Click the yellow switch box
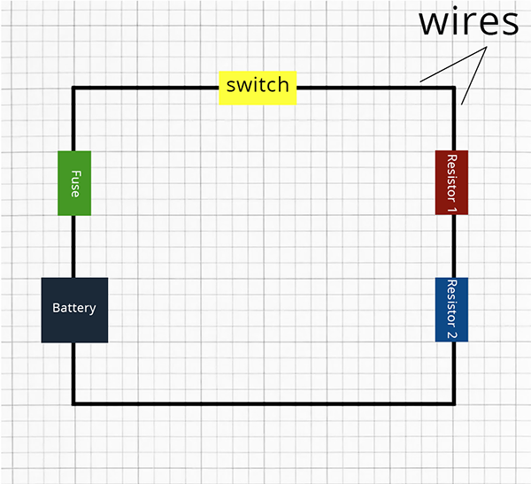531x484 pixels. [x=258, y=88]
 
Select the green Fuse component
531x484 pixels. [x=74, y=183]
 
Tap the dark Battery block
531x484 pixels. [x=74, y=310]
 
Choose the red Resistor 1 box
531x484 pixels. [x=451, y=182]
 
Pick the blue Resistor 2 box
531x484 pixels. [x=451, y=310]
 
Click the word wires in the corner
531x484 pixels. [x=469, y=21]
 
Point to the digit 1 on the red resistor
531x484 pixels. [x=451, y=210]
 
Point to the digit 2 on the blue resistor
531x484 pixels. [x=451, y=335]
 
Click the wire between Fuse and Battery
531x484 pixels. [x=73, y=247]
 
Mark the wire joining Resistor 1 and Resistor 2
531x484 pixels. [x=454, y=246]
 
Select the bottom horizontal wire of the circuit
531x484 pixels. [x=264, y=403]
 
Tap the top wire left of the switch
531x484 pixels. [x=145, y=88]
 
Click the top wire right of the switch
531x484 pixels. [x=376, y=88]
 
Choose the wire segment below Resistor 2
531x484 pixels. [x=454, y=373]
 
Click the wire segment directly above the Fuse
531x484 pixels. [x=73, y=119]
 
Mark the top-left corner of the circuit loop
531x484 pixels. [x=73, y=88]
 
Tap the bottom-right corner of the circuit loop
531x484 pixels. [x=454, y=403]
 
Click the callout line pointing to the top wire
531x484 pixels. [x=453, y=64]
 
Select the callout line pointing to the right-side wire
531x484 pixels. [x=474, y=75]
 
